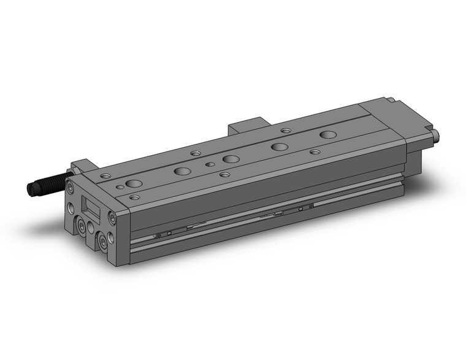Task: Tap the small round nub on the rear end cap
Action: point(437,135)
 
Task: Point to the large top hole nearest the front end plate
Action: point(133,183)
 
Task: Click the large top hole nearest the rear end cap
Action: point(329,134)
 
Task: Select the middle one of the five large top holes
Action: point(231,159)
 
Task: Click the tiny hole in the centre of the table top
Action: point(210,164)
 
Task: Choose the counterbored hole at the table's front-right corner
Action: point(134,197)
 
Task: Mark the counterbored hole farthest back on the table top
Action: point(286,130)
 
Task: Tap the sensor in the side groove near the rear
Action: point(304,207)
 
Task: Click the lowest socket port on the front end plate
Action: point(104,243)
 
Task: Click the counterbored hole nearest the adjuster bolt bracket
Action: point(106,176)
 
